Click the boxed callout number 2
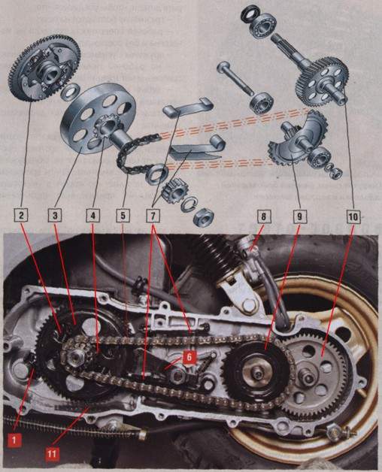pyautogui.click(x=22, y=216)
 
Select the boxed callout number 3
pyautogui.click(x=55, y=216)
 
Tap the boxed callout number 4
pyautogui.click(x=92, y=216)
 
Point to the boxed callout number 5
pyautogui.click(x=123, y=216)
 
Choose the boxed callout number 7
pyautogui.click(x=153, y=216)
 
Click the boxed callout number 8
pyautogui.click(x=264, y=216)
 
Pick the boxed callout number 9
pyautogui.click(x=299, y=216)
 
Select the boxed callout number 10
pyautogui.click(x=353, y=216)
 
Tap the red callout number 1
pyautogui.click(x=14, y=440)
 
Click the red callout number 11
pyautogui.click(x=53, y=454)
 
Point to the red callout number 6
pyautogui.click(x=189, y=357)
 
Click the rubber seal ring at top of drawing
pyautogui.click(x=249, y=15)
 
